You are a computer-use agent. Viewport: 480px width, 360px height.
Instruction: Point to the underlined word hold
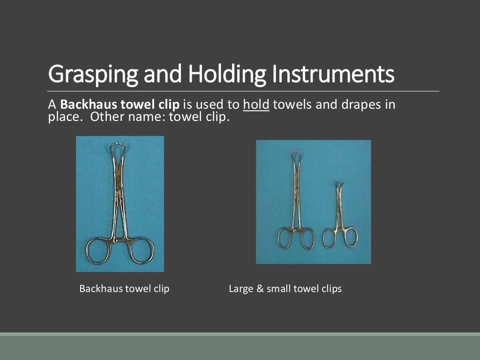tap(256, 105)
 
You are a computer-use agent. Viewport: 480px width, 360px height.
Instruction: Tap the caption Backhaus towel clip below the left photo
tap(124, 289)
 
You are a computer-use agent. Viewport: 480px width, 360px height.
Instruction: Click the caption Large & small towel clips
tap(285, 289)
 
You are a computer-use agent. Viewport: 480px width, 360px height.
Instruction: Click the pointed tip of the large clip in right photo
tap(296, 154)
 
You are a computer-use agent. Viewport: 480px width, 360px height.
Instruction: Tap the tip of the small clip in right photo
tap(339, 184)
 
